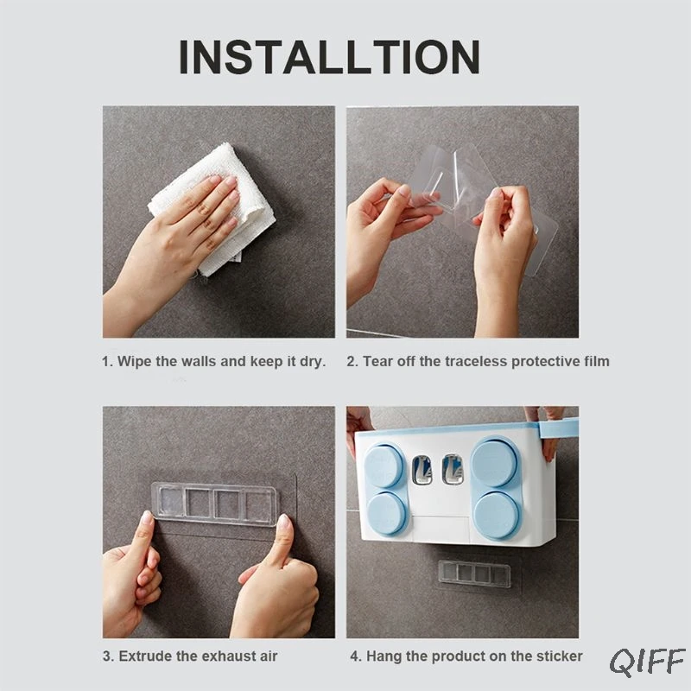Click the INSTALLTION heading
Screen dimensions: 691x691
click(x=329, y=57)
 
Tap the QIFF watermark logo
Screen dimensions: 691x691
click(x=647, y=662)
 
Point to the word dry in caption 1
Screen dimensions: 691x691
click(x=312, y=361)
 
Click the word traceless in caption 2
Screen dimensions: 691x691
click(x=476, y=361)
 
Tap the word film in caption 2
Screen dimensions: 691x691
click(x=597, y=361)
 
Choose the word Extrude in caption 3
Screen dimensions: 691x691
click(x=145, y=656)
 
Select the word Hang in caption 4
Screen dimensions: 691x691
click(x=384, y=656)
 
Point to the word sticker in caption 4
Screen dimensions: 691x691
click(x=559, y=656)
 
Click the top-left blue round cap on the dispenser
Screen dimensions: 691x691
click(x=384, y=466)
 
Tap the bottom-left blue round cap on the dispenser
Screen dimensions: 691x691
click(x=386, y=513)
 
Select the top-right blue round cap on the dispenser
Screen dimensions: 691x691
click(x=494, y=463)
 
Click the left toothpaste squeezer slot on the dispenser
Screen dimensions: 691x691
click(x=422, y=470)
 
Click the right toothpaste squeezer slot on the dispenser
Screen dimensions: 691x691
click(x=453, y=469)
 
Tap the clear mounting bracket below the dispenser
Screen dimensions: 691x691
click(x=474, y=573)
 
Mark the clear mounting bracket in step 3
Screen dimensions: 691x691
click(x=214, y=504)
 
